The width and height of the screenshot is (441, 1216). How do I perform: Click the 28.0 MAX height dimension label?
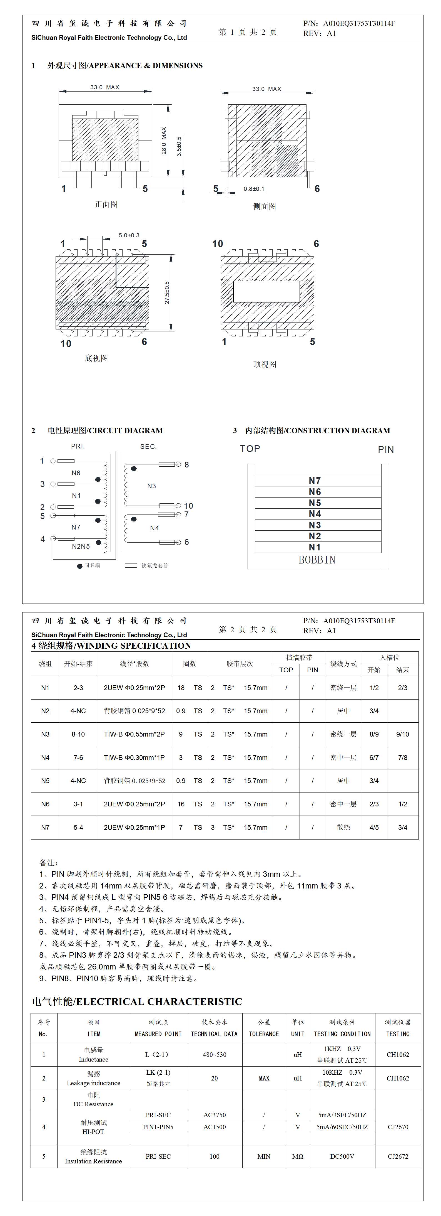pyautogui.click(x=164, y=140)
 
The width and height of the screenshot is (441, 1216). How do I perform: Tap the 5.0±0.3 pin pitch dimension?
pyautogui.click(x=129, y=235)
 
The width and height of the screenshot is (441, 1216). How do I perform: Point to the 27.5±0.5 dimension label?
pyautogui.click(x=167, y=293)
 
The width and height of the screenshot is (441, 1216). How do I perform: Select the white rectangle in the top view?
pyautogui.click(x=266, y=292)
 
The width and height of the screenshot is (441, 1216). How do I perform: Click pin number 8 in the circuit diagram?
pyautogui.click(x=187, y=464)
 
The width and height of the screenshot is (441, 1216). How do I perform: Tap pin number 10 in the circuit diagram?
pyautogui.click(x=188, y=506)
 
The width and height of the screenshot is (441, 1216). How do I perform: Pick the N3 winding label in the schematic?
pyautogui.click(x=151, y=486)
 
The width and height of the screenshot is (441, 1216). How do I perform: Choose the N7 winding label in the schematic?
pyautogui.click(x=76, y=527)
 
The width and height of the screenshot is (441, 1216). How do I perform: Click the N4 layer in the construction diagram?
pyautogui.click(x=315, y=514)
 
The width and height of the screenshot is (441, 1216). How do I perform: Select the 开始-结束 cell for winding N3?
pyautogui.click(x=78, y=734)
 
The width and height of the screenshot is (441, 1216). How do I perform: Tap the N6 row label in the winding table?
pyautogui.click(x=45, y=804)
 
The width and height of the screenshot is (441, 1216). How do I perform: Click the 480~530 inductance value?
pyautogui.click(x=215, y=1055)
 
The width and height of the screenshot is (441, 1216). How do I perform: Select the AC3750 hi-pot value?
pyautogui.click(x=215, y=1115)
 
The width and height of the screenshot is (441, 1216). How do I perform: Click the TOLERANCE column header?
pyautogui.click(x=264, y=1034)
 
